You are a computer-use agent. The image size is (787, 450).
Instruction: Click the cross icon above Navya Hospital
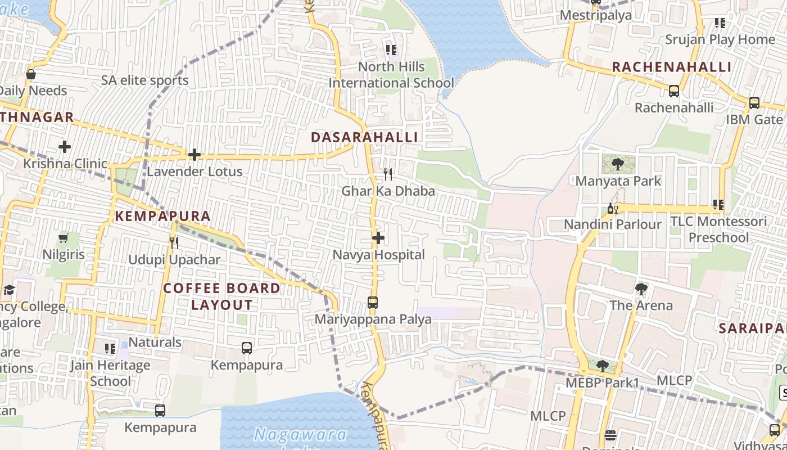[x=378, y=238]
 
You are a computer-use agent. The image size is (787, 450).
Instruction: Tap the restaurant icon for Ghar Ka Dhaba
[x=387, y=174]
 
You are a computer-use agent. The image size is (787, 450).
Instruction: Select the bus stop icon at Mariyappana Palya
[x=372, y=303]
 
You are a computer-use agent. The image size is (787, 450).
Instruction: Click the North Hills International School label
[x=392, y=75]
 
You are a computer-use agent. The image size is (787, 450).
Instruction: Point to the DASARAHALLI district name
[x=364, y=137]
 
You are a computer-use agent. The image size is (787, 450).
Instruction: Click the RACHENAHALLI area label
[x=672, y=67]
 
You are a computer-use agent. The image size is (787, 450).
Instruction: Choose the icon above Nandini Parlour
[x=612, y=209]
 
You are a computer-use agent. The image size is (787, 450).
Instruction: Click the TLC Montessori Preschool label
[x=718, y=229]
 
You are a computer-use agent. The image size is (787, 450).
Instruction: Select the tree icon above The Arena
[x=641, y=289]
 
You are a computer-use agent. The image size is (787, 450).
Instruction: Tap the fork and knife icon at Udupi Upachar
[x=174, y=243]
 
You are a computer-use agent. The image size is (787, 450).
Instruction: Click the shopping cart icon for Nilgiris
[x=64, y=238]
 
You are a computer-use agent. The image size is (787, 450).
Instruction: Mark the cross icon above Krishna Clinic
[x=65, y=147]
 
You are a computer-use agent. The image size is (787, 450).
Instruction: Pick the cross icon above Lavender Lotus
[x=195, y=155]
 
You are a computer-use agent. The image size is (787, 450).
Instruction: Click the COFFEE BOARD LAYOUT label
[x=222, y=296]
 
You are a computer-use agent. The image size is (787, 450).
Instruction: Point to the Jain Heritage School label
[x=110, y=373]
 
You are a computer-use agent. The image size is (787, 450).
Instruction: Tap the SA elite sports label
[x=145, y=80]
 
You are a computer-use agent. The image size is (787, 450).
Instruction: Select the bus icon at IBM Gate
[x=754, y=103]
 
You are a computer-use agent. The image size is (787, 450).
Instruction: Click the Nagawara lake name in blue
[x=300, y=434]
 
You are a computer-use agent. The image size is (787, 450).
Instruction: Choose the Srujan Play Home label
[x=720, y=39]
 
